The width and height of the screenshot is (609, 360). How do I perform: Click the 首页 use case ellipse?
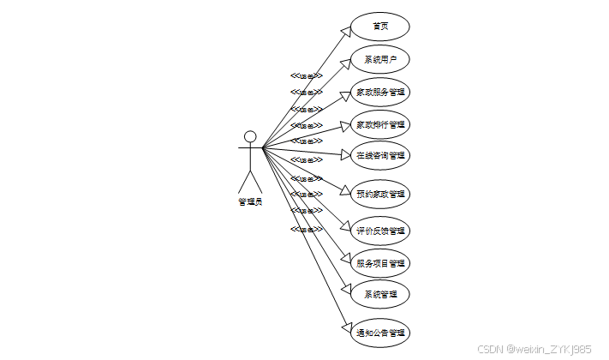tap(380, 27)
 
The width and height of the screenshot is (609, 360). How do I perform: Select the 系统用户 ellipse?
tap(380, 59)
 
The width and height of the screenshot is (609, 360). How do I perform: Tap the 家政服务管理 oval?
tap(380, 92)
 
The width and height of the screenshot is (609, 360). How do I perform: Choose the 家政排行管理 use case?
tap(380, 124)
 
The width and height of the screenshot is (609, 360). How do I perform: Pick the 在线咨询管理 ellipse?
tap(380, 156)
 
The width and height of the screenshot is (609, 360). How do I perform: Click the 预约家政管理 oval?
tap(380, 194)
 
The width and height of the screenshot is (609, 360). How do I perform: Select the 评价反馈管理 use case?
tap(380, 231)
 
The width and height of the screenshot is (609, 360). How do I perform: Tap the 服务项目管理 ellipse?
tap(380, 263)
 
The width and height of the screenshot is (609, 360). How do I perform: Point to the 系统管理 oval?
tap(380, 295)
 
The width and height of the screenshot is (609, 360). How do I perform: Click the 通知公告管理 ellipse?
tap(380, 333)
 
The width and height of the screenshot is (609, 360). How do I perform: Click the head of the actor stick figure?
tap(250, 136)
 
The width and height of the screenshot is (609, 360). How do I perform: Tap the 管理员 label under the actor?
tap(250, 201)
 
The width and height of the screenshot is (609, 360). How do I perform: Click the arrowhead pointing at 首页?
tap(346, 31)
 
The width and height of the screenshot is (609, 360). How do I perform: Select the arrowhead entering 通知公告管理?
tap(346, 329)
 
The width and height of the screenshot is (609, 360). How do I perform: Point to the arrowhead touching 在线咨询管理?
tap(345, 156)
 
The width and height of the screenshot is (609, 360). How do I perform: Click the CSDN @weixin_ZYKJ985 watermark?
tap(534, 349)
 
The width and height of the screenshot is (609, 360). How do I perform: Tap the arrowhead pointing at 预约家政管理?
tap(345, 192)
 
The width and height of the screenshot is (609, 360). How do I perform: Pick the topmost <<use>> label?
tap(306, 75)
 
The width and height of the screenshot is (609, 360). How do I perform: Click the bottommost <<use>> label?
tap(306, 230)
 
